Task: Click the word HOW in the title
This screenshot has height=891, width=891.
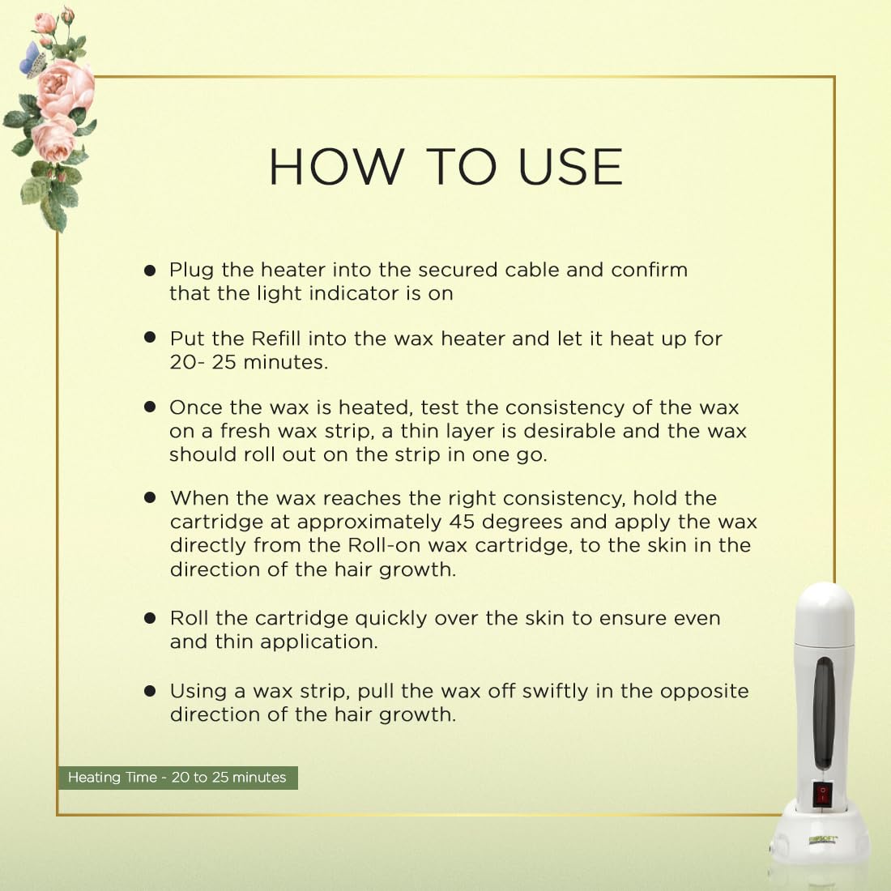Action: (x=336, y=167)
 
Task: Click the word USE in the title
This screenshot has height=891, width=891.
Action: (x=571, y=167)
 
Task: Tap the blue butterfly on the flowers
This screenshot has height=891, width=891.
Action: (x=32, y=60)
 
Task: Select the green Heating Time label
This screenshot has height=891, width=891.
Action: (x=177, y=778)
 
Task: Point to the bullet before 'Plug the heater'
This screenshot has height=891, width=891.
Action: (x=150, y=270)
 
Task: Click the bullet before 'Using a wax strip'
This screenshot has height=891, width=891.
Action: (x=150, y=691)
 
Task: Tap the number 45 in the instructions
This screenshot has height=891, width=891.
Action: (x=462, y=522)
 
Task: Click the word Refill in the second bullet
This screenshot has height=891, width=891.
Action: (x=275, y=339)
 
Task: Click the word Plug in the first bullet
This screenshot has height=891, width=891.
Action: (x=191, y=271)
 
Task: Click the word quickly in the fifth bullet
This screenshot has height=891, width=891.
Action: (x=391, y=619)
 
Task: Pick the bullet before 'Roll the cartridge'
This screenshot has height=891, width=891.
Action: (x=150, y=618)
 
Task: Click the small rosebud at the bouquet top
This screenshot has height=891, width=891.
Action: (x=67, y=14)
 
